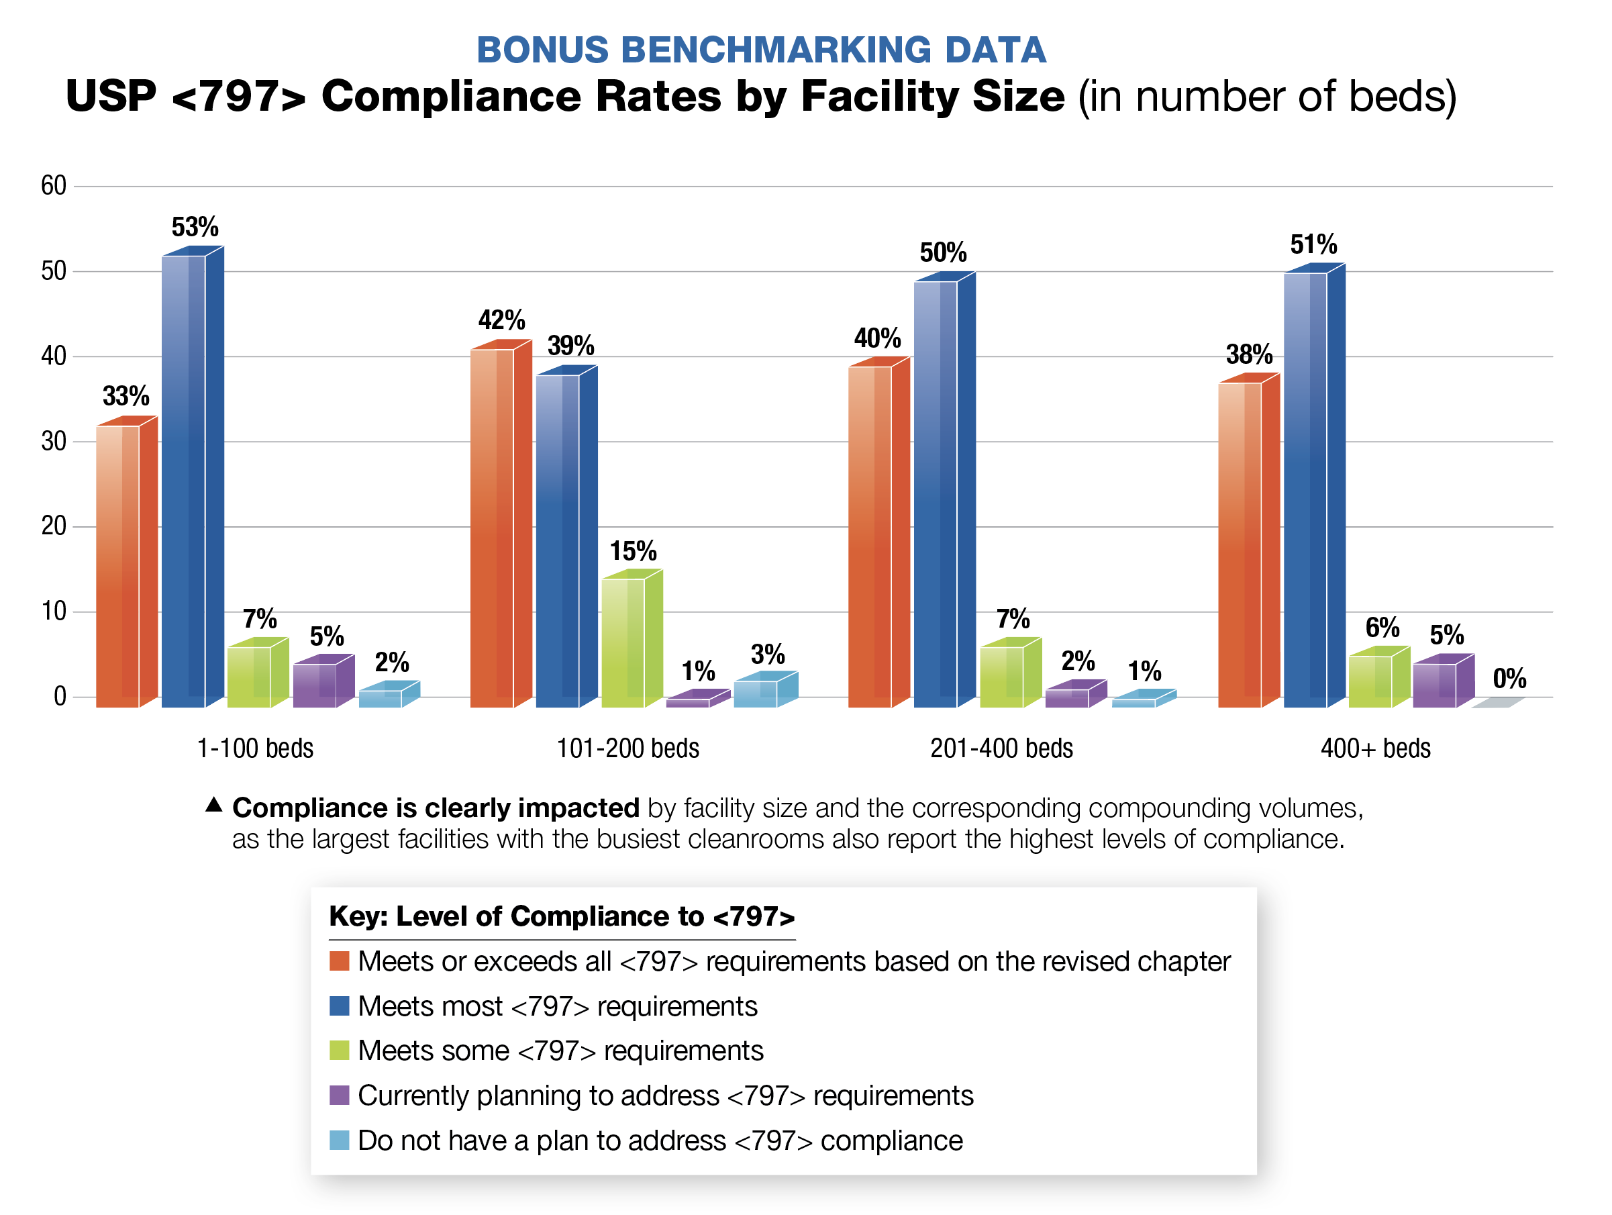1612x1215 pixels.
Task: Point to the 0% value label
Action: (x=1509, y=679)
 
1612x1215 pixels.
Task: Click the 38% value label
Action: (x=1248, y=355)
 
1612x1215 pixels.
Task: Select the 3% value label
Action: (x=767, y=654)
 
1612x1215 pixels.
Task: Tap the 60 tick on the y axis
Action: (x=53, y=186)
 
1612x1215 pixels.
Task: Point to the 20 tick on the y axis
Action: (x=53, y=526)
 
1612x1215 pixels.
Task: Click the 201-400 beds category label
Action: (x=1001, y=748)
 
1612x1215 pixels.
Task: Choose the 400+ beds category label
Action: (x=1375, y=748)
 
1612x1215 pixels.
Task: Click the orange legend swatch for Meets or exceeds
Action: (x=340, y=961)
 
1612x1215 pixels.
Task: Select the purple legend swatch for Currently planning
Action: (x=340, y=1095)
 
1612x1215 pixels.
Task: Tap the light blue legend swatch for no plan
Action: (x=340, y=1140)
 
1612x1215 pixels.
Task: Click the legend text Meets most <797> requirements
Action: (x=558, y=1006)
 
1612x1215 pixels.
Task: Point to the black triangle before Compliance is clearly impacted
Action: (x=213, y=805)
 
